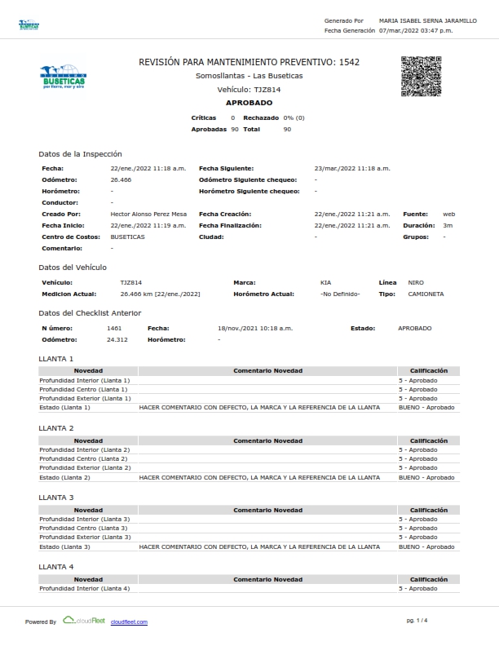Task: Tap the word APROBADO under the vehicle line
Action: [249, 103]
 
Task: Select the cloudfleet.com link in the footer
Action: [129, 622]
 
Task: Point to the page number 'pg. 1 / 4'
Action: [417, 621]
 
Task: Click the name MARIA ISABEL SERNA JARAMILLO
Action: [428, 20]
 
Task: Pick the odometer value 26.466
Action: [121, 179]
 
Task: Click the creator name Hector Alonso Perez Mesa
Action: [148, 214]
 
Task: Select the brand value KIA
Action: [326, 282]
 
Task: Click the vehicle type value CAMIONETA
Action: [426, 294]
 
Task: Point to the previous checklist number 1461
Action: [114, 328]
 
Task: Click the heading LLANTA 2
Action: [55, 428]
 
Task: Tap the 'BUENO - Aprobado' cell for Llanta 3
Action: [426, 546]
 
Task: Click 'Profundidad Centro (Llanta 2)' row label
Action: [84, 458]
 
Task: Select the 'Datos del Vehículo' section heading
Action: [73, 267]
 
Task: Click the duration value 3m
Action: [448, 225]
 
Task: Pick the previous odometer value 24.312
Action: [117, 339]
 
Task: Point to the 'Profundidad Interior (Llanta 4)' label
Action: [85, 588]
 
